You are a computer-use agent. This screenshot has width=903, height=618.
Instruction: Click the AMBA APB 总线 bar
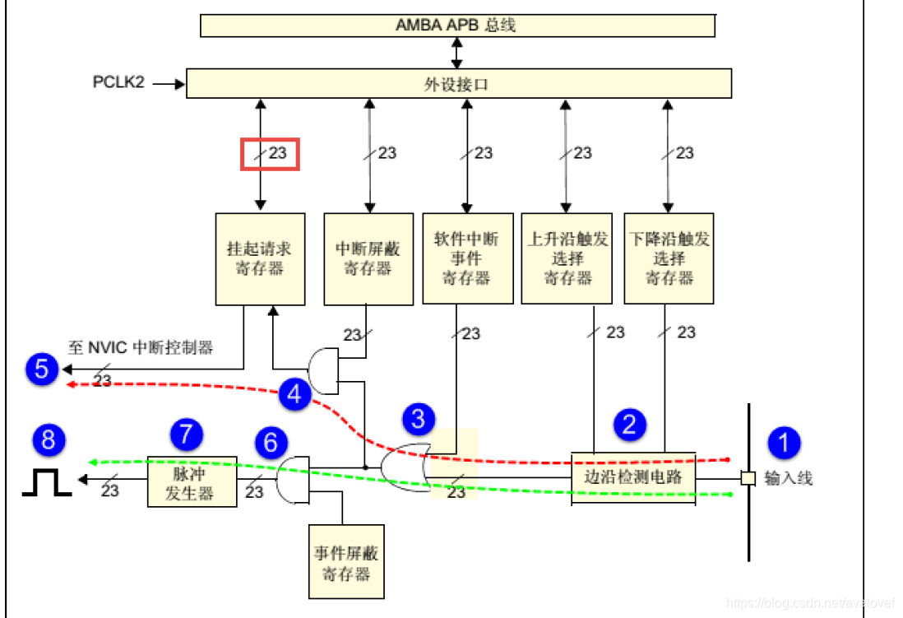tap(457, 25)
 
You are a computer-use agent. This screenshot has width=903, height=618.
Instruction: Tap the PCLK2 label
tap(118, 83)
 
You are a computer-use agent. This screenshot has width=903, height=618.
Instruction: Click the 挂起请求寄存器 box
tap(260, 258)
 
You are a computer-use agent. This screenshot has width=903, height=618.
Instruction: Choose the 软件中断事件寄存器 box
tap(466, 258)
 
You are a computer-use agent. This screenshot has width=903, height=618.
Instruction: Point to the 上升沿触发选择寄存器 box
tap(567, 258)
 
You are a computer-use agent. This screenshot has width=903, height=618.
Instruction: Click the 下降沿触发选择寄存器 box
tap(669, 258)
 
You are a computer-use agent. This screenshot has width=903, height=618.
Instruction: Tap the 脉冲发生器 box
tap(192, 481)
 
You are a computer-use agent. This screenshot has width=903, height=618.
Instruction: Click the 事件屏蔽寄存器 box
tap(346, 562)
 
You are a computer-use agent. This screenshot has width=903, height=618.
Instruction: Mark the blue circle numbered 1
tap(783, 443)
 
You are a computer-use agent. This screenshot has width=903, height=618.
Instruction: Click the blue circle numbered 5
tap(41, 369)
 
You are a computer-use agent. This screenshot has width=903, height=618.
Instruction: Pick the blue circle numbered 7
tap(186, 433)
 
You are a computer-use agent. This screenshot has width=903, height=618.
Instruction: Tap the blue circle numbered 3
tap(418, 420)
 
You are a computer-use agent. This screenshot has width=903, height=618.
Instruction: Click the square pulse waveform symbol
tap(46, 484)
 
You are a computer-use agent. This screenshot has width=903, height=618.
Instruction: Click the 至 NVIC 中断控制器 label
tap(140, 348)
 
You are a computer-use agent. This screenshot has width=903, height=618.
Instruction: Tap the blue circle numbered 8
tap(49, 439)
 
